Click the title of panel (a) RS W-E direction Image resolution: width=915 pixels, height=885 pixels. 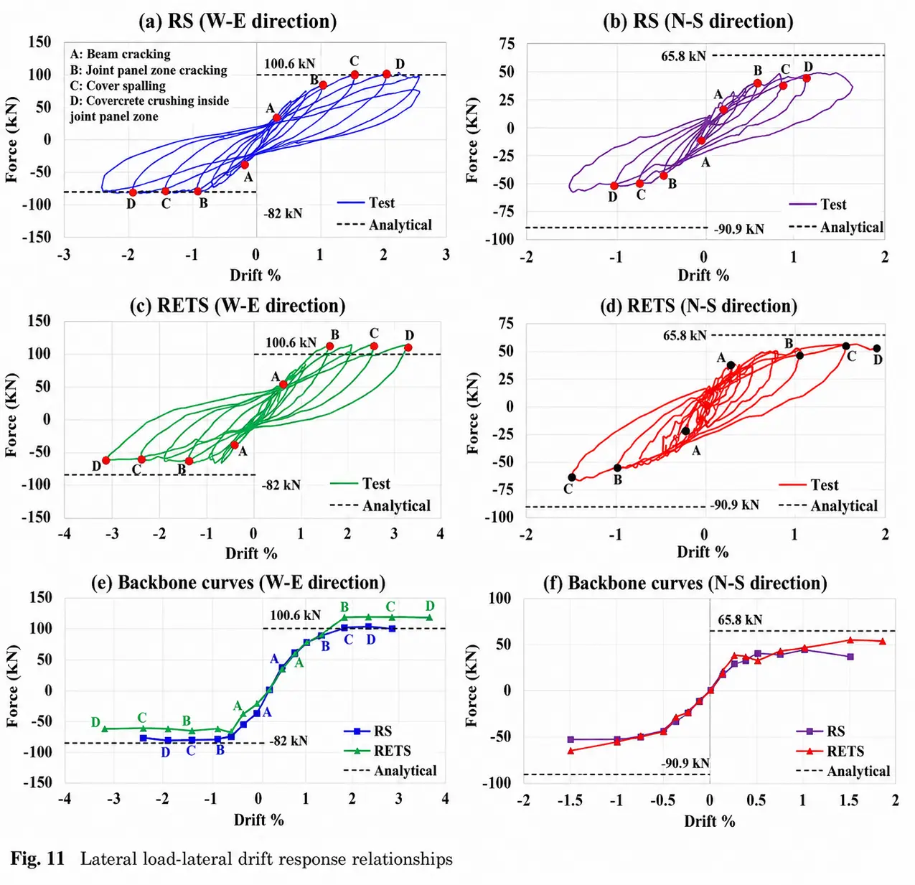click(238, 22)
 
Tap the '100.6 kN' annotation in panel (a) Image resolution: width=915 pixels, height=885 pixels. click(290, 63)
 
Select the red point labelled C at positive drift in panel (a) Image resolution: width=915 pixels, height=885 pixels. click(355, 75)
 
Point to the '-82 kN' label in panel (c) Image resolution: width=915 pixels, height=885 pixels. click(281, 484)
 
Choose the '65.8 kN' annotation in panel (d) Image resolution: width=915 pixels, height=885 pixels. click(685, 335)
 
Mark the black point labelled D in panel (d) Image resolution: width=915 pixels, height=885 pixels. click(876, 348)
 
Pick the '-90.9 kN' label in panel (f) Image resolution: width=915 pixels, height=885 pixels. click(685, 763)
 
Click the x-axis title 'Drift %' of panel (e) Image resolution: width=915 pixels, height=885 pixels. click(259, 820)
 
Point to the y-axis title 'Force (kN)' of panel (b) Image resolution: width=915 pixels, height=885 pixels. click(472, 141)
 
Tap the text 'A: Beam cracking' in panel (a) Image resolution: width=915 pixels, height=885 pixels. click(121, 54)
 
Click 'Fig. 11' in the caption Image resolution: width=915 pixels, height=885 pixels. click(37, 858)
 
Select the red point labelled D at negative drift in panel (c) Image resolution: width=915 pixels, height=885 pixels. click(105, 460)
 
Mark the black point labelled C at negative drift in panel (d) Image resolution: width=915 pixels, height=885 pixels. click(572, 477)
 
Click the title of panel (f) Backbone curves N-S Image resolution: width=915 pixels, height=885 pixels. click(685, 583)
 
